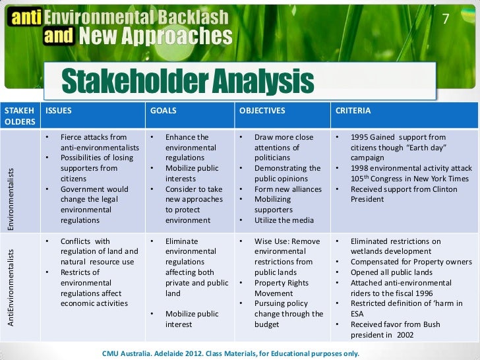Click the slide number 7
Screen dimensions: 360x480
[x=445, y=19]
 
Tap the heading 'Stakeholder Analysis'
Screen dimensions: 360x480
[x=187, y=82]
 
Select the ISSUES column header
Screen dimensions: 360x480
[x=59, y=111]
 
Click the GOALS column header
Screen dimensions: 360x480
[x=164, y=111]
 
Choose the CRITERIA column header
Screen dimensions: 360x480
[x=353, y=111]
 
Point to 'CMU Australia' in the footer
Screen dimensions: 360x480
[x=127, y=353]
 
